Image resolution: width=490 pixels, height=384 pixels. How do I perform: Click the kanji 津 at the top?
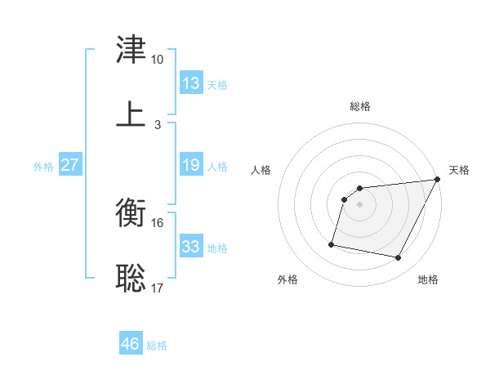coord(131,49)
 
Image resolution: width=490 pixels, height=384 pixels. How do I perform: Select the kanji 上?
coord(131,114)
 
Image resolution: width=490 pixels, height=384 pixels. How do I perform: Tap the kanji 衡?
coord(131,212)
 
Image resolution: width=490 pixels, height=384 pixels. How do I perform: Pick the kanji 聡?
coord(131,278)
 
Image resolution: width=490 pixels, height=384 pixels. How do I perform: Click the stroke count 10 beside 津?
coord(157,60)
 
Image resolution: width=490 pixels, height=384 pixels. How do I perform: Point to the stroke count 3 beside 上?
coord(158,125)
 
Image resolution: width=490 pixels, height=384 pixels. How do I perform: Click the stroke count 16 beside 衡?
coord(157,223)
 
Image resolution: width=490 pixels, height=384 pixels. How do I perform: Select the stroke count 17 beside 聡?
coord(157,288)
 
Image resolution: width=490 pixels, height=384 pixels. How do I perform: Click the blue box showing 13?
coord(191,83)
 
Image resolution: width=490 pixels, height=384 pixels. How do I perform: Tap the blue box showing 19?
coord(191,164)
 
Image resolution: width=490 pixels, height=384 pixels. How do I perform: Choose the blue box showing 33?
coord(191,245)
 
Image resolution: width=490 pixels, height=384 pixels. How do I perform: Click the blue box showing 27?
coord(70,164)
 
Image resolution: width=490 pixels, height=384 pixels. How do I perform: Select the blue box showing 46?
coord(131,342)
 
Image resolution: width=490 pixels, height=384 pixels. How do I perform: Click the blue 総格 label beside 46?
coord(157,346)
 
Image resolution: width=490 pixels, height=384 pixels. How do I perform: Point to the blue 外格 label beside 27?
coord(43,167)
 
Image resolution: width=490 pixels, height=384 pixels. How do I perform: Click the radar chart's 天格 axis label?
coord(459,170)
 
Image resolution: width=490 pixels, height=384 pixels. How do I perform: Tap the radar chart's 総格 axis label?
coord(360,106)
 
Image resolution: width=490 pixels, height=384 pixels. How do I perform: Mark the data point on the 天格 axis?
coord(437,179)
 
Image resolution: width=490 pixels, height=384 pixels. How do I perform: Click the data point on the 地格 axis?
coord(398,257)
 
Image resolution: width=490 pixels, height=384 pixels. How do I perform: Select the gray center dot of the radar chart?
coord(359,204)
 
